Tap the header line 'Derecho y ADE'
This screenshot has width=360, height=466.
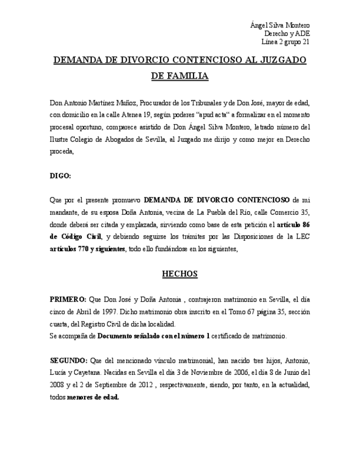coord(287,33)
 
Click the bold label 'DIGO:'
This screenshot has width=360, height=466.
coord(60,176)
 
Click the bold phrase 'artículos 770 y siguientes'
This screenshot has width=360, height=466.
coord(86,249)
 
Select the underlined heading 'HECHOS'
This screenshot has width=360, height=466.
coord(180,274)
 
